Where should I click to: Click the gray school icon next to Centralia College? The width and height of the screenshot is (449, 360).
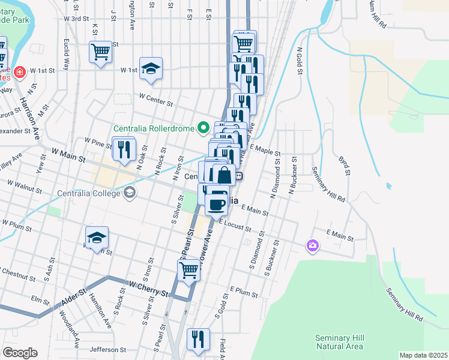[129, 193]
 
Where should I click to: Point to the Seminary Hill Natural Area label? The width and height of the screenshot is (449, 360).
[339, 342]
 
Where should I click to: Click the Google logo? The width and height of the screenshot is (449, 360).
[20, 353]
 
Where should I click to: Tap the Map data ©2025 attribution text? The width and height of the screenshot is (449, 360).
[423, 355]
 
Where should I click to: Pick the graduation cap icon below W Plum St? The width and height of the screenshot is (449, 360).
[96, 238]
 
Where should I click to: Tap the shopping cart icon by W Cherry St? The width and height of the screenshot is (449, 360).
[188, 271]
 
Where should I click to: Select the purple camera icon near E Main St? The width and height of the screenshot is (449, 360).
[312, 245]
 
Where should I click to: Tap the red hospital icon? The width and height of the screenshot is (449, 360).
[19, 71]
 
